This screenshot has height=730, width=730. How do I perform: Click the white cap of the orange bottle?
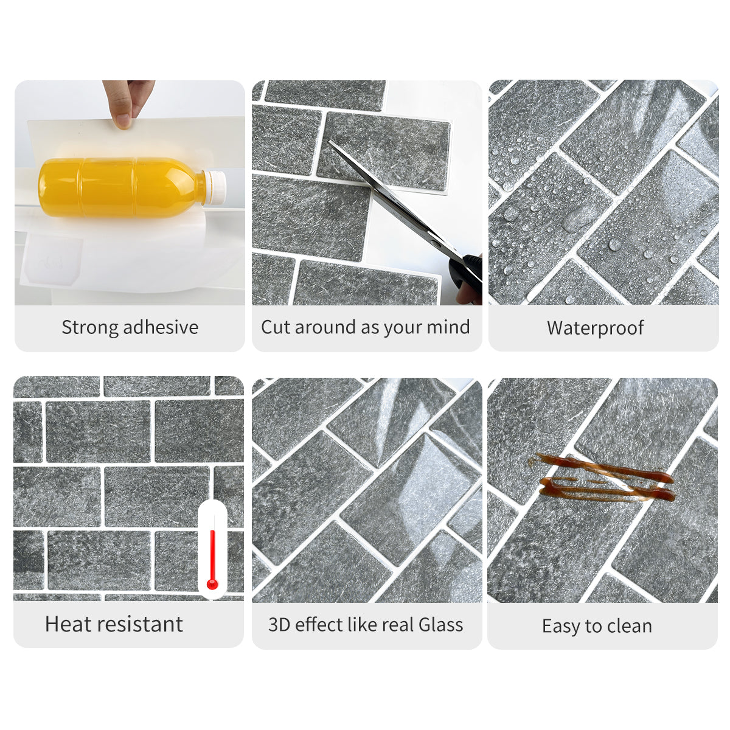[215, 187]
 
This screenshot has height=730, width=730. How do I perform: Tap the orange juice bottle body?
[116, 187]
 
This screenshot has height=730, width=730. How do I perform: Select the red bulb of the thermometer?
[212, 584]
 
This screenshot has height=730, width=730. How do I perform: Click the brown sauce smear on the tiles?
[605, 479]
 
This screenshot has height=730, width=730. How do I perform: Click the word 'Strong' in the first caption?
[90, 327]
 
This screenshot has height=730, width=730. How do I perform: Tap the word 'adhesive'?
[161, 327]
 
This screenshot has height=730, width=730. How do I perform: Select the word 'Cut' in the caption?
[276, 327]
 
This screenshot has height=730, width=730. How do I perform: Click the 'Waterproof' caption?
[595, 328]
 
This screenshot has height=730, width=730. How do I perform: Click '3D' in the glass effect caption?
[279, 625]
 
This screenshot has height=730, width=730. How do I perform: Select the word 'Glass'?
[440, 625]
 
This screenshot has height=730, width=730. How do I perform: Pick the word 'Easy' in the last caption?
[561, 627]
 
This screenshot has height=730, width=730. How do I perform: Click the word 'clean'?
[627, 626]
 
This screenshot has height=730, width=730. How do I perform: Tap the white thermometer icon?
[212, 547]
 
